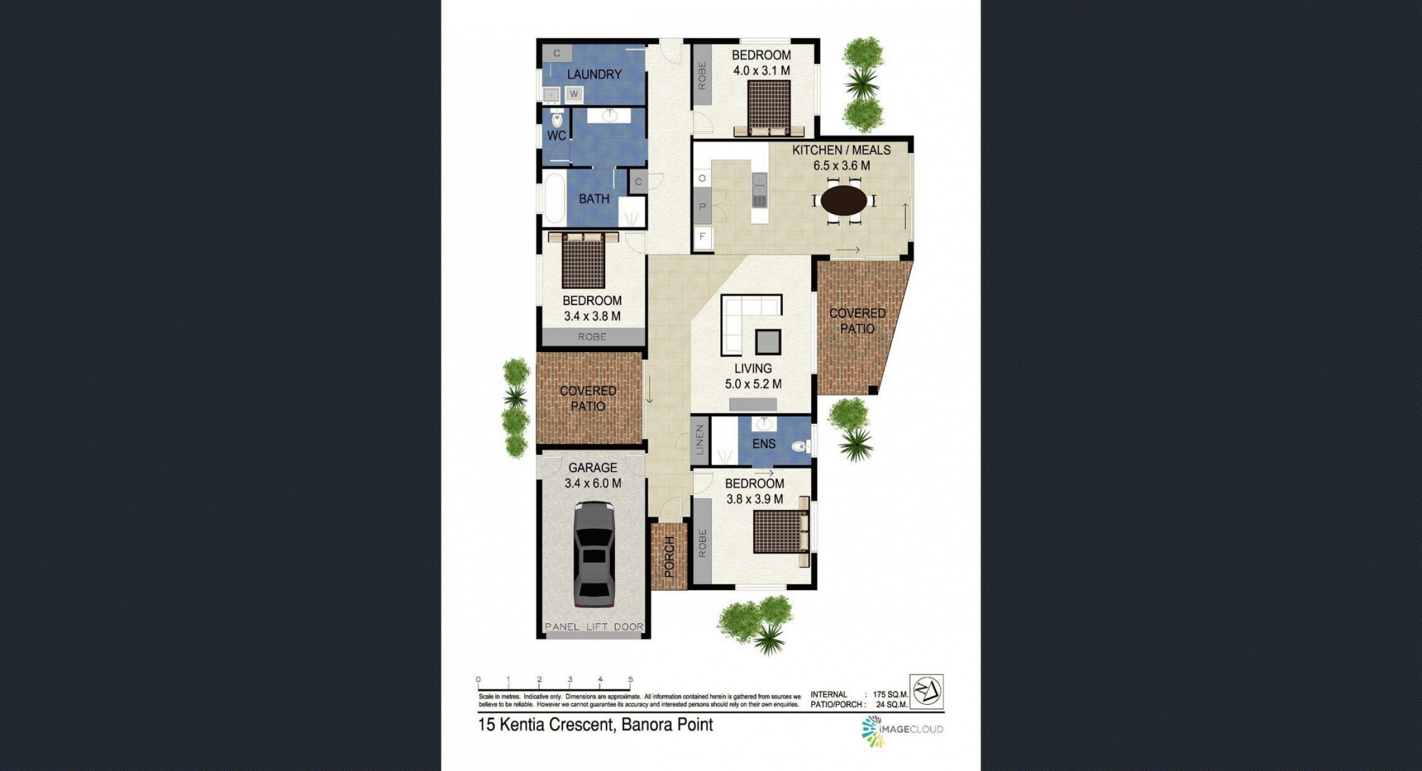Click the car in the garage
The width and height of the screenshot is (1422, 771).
click(x=594, y=554)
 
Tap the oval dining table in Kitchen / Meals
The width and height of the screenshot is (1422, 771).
click(x=844, y=200)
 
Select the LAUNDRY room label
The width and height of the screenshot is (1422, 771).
click(x=594, y=75)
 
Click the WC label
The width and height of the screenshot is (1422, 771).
click(x=557, y=135)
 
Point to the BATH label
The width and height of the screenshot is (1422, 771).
click(x=594, y=199)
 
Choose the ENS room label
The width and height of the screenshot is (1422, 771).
click(x=764, y=444)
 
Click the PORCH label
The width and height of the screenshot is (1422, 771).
click(x=669, y=557)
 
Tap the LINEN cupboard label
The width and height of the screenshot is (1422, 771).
click(x=700, y=440)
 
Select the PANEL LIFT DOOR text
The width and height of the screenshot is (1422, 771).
click(x=594, y=627)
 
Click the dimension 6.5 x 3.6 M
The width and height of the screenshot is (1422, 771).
click(x=842, y=166)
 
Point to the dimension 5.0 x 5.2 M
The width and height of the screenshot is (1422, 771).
click(x=753, y=384)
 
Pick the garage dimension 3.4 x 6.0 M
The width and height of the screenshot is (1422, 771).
click(x=593, y=484)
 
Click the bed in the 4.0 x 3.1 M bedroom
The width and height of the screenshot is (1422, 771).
click(x=769, y=108)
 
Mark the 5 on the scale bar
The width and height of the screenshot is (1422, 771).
click(x=630, y=679)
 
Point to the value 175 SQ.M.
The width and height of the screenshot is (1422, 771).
click(x=890, y=694)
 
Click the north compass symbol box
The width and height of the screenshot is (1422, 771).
click(x=926, y=691)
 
